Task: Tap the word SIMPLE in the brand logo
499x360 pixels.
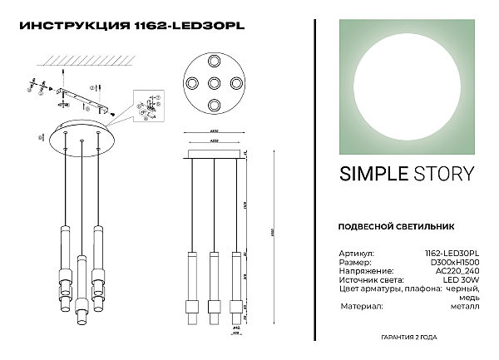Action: (373, 174)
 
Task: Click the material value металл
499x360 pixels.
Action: (464, 306)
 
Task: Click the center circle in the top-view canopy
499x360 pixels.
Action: (215, 84)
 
